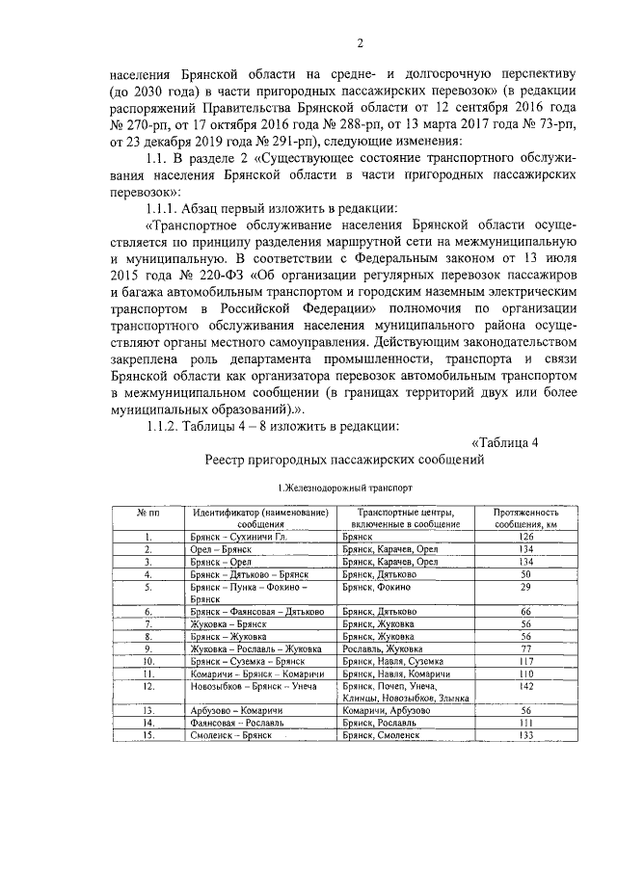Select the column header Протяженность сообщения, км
[526, 518]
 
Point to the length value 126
[526, 536]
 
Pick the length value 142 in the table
[526, 687]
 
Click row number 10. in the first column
[148, 661]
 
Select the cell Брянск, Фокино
[377, 586]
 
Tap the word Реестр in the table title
[231, 460]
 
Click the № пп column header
[148, 513]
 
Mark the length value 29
[526, 586]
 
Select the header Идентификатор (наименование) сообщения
[259, 518]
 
